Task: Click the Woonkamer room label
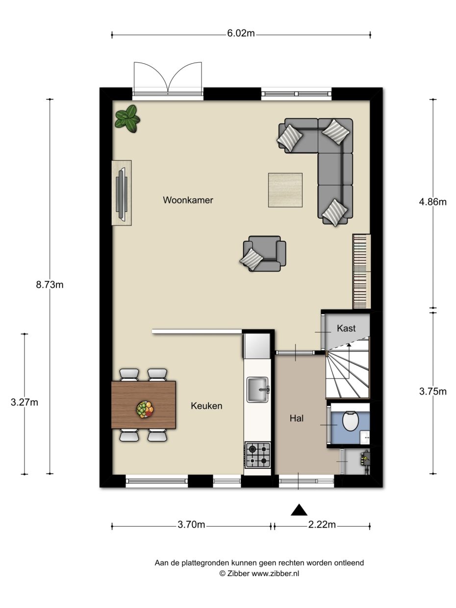click(188, 200)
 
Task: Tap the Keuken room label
click(206, 405)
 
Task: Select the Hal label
click(297, 418)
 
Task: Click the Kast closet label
click(346, 329)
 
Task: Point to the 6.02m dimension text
click(240, 34)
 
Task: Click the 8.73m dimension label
click(50, 285)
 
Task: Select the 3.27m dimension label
click(25, 402)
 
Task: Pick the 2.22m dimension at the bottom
click(322, 525)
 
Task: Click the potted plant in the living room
click(127, 119)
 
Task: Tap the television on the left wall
click(122, 193)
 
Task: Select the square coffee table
click(285, 190)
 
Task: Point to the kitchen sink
click(257, 389)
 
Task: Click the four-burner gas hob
click(257, 455)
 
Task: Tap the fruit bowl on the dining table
click(145, 409)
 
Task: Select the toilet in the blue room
click(351, 421)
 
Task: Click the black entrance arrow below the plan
click(299, 510)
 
